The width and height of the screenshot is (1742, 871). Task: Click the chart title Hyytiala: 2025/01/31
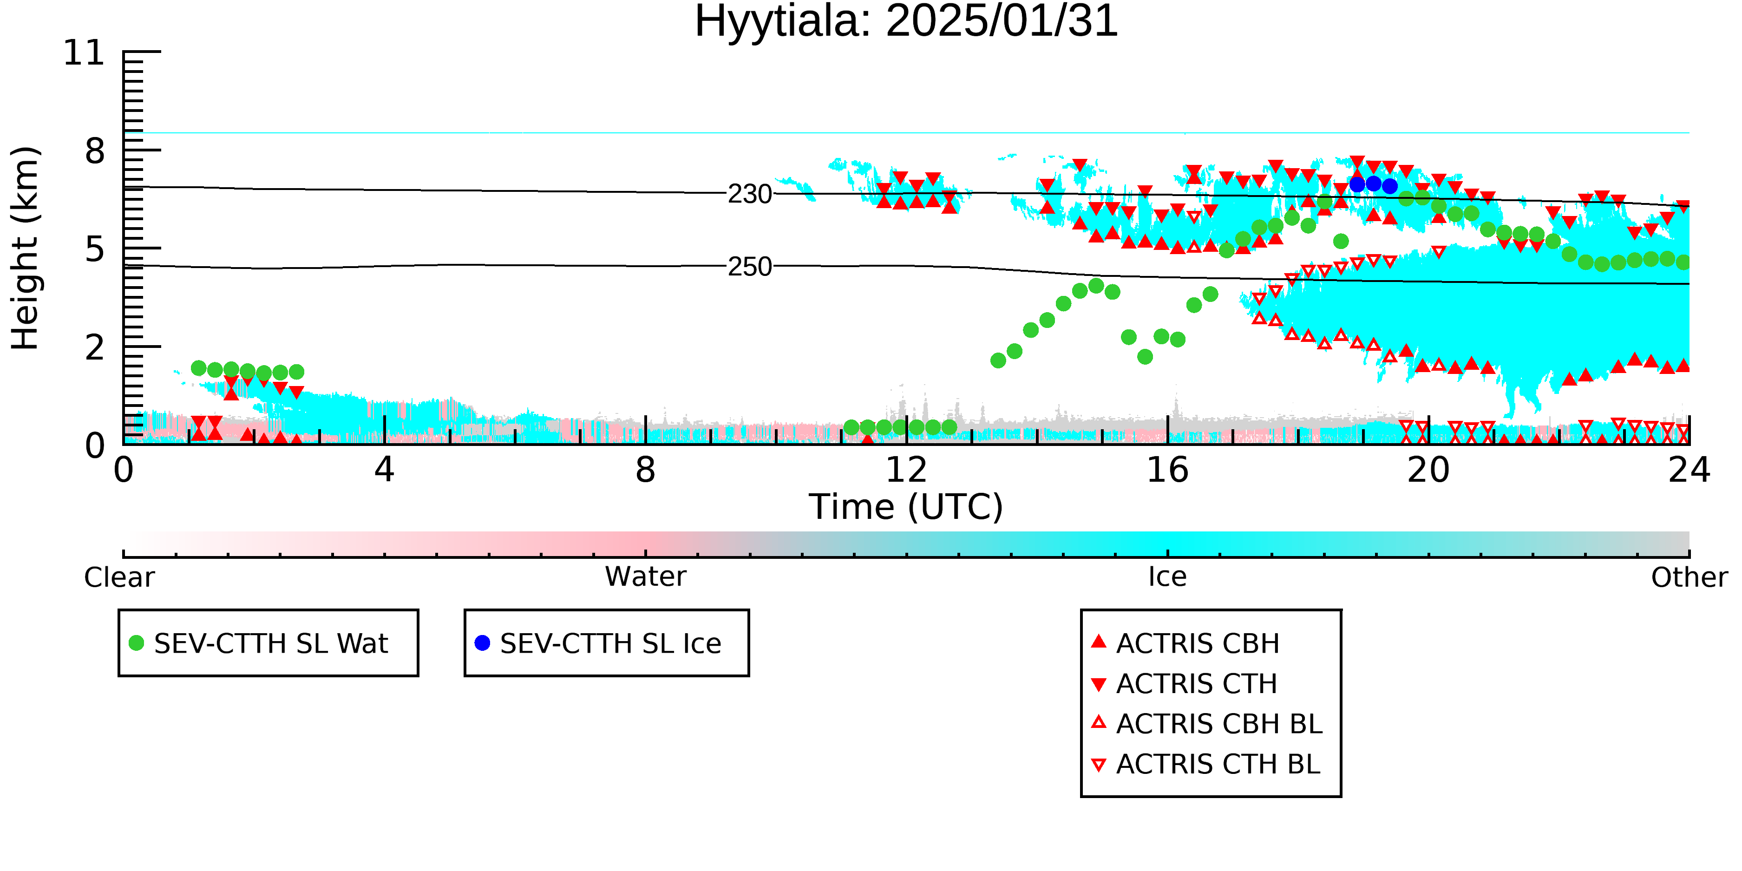click(x=906, y=22)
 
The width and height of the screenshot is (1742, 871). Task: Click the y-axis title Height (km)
click(x=26, y=248)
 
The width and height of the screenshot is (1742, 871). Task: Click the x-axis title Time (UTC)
click(x=906, y=507)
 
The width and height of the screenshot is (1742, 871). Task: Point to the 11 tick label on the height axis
click(x=84, y=53)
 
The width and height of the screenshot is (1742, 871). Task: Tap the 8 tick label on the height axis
click(x=95, y=151)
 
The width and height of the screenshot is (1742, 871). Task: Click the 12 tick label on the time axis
click(x=906, y=470)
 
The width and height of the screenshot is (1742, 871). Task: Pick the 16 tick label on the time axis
click(x=1167, y=470)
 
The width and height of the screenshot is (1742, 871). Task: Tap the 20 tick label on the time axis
click(x=1428, y=470)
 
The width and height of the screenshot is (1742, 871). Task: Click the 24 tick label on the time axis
click(x=1689, y=470)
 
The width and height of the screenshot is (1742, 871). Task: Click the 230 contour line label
click(x=750, y=195)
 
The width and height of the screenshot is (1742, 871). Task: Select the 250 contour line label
click(x=750, y=267)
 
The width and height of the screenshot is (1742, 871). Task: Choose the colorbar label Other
click(x=1689, y=577)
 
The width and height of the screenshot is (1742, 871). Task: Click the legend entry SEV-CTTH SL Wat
click(x=259, y=643)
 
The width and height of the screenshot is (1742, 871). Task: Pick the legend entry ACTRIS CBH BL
click(x=1207, y=724)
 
